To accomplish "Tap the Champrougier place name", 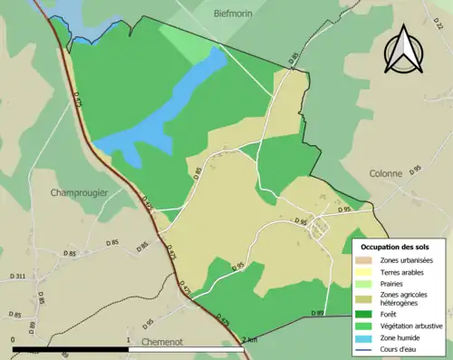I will click(x=81, y=192).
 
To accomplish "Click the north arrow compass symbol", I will click(x=403, y=50).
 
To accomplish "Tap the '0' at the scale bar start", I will click(x=14, y=340).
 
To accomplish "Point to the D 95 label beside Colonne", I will click(x=416, y=169).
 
